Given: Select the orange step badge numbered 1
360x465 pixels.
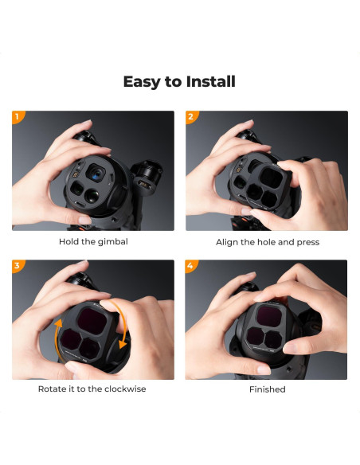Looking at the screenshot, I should [17, 116].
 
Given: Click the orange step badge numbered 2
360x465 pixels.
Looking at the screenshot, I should [191, 116].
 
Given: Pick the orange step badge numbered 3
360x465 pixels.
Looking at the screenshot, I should [17, 265].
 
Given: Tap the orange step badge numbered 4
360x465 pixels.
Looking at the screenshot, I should [191, 265].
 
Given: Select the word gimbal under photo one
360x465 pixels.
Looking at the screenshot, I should [112, 242].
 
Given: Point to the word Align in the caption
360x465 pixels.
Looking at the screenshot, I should [229, 242].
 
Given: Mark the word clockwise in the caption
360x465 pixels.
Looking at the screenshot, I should [124, 389].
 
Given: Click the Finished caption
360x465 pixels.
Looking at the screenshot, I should [266, 389].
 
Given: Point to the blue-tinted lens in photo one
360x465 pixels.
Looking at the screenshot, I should [96, 171].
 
